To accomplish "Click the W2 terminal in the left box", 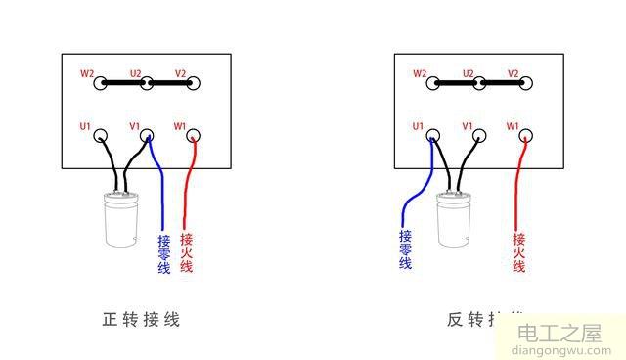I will (102, 83).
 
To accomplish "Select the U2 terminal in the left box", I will (147, 83).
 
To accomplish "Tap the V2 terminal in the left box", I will (193, 83).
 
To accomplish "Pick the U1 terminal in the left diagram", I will (102, 137).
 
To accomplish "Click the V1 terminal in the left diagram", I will (148, 137).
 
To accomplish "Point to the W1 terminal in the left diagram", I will (193, 136).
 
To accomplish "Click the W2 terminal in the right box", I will (434, 83).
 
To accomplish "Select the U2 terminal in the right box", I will (479, 83).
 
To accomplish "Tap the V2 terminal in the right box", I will (525, 83).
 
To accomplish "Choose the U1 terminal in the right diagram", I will (434, 137).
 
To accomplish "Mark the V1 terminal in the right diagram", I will (479, 137).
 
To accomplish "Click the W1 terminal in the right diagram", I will (525, 136).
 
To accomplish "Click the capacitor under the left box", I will (123, 220).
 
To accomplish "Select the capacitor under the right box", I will (454, 220).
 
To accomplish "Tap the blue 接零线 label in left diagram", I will (163, 253).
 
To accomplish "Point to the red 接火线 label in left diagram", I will (187, 253).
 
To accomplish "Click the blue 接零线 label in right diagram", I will (406, 248).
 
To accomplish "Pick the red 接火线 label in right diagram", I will (519, 253).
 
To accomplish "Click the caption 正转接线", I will (141, 319).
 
